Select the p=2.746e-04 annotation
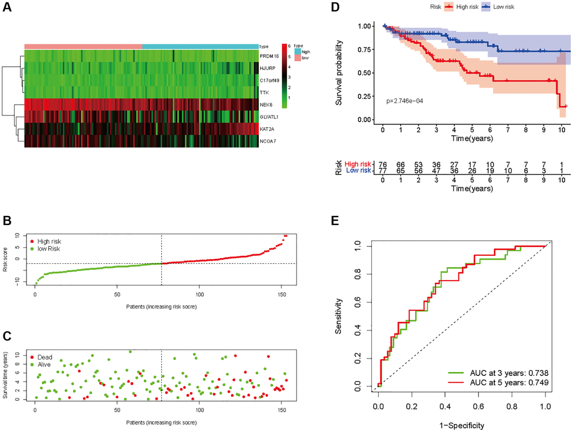[408, 102]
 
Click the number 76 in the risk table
[383, 163]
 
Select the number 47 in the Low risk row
[436, 171]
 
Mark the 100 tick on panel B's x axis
[198, 294]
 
